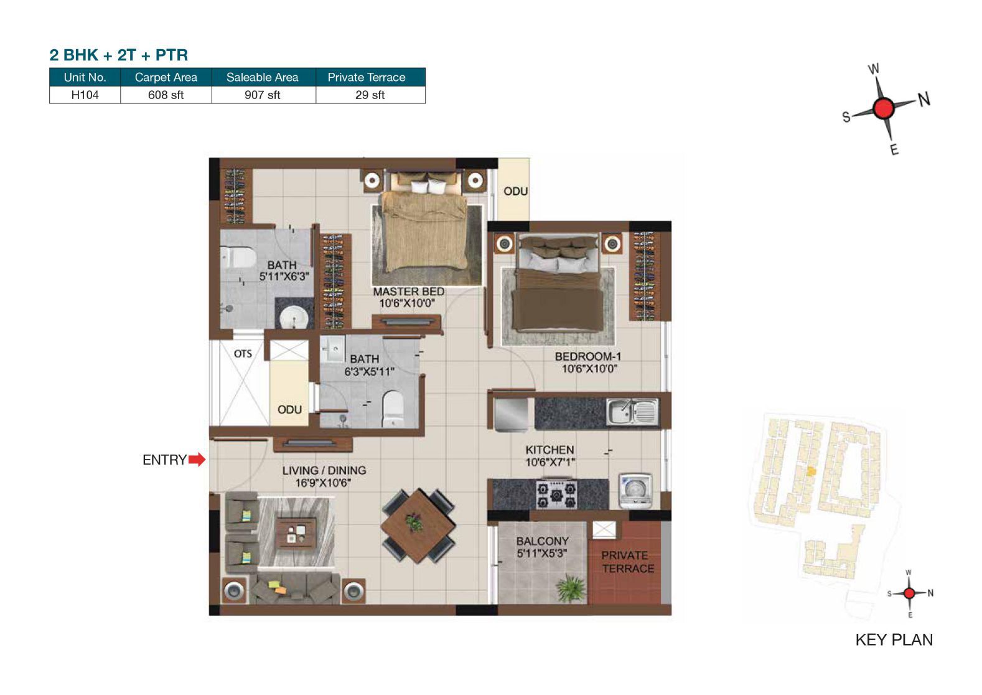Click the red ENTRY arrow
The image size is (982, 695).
tap(197, 460)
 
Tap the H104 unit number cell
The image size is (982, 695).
tap(85, 95)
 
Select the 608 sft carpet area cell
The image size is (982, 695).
tap(166, 95)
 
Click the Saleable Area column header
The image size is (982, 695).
tap(262, 77)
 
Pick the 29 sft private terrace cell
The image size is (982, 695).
tap(370, 95)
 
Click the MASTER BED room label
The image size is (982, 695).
tap(409, 291)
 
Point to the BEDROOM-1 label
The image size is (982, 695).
tap(588, 356)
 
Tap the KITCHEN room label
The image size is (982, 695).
tap(549, 450)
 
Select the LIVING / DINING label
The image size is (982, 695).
tap(324, 470)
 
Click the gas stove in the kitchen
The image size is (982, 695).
tap(557, 494)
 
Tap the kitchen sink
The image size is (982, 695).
tap(632, 412)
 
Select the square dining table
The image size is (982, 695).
tap(418, 525)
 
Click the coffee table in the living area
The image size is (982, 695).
tap(296, 534)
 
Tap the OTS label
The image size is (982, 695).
tap(243, 354)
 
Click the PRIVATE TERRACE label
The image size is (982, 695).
tap(627, 562)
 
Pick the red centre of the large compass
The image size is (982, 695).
tap(883, 108)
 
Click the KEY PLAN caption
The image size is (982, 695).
tap(894, 640)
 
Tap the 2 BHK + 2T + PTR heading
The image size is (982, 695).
tap(119, 55)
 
